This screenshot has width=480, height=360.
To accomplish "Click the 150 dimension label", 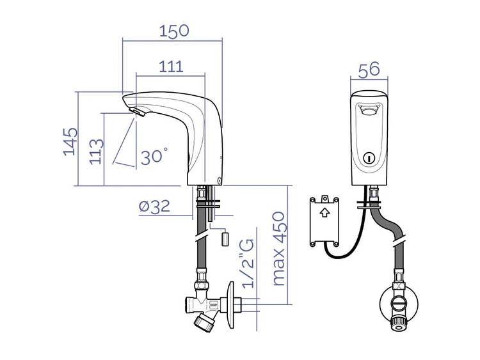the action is [174, 31].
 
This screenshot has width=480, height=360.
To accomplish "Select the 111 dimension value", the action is [171, 67].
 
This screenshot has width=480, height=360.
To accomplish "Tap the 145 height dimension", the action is [70, 141].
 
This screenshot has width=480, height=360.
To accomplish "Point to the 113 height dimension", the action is [97, 152].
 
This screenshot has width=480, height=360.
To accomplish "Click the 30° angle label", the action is [154, 156].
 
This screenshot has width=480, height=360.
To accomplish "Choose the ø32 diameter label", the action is [154, 207].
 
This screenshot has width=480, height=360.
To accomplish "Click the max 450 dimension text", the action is [278, 249].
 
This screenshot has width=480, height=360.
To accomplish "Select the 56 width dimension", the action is [369, 70].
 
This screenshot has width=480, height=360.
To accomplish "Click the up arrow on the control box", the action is [324, 212].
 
